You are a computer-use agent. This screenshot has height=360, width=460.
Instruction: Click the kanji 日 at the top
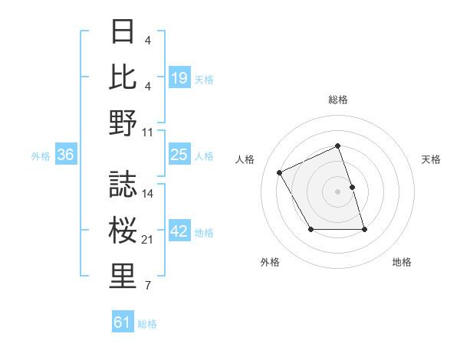coord(123,33)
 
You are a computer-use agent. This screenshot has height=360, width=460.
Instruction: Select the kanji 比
coord(123,77)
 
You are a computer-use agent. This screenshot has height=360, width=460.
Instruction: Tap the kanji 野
coord(123,122)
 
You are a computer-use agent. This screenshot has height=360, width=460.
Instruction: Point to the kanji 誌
coord(123,185)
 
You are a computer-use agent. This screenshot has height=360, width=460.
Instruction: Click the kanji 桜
coord(123,230)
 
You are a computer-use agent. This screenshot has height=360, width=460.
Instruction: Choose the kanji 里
coord(123,277)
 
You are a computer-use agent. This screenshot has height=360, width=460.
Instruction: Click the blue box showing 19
coord(179,77)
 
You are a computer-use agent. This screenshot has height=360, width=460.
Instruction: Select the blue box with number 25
coord(179,155)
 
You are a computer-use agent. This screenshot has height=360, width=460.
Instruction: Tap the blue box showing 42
coord(179,232)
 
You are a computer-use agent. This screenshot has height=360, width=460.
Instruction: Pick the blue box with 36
coord(65,155)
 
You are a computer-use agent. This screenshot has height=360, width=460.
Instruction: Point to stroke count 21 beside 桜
coord(148,241)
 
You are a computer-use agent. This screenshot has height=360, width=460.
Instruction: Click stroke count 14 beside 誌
coord(148,193)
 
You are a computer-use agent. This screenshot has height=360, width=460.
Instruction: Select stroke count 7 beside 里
coord(148,286)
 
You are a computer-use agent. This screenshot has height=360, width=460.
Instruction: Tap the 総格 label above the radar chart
coord(338,100)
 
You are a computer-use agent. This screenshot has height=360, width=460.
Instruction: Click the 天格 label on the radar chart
coord(431,159)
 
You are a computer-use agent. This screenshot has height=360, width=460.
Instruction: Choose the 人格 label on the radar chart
coord(245,159)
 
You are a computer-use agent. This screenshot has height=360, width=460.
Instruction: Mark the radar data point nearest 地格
coord(364,229)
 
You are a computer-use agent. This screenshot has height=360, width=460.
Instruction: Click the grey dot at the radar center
coord(338,191)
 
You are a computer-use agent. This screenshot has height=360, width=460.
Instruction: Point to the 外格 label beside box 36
coord(41,155)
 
